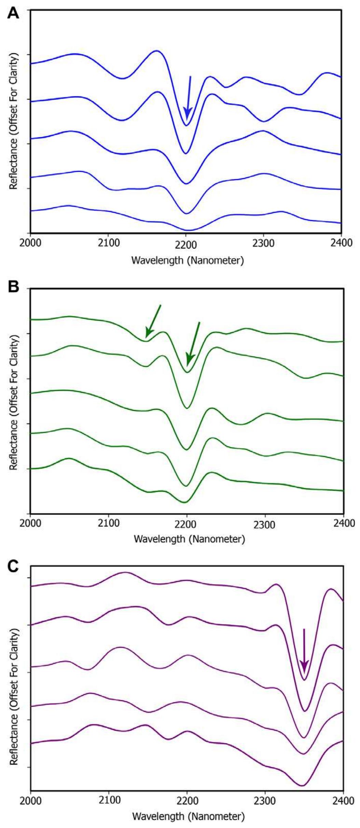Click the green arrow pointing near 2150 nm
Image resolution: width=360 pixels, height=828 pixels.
click(x=153, y=321)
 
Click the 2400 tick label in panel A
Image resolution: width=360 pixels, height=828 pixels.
click(x=341, y=244)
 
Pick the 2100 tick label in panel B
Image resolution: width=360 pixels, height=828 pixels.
click(x=108, y=523)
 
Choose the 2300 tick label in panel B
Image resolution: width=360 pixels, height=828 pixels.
click(x=264, y=524)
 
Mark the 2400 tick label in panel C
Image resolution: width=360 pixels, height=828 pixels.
click(x=343, y=799)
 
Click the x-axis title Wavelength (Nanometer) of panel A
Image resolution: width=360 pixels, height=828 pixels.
click(x=188, y=261)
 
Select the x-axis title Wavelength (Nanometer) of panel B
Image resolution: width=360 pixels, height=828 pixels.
click(x=189, y=539)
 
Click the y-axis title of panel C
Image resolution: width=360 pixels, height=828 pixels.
click(x=14, y=690)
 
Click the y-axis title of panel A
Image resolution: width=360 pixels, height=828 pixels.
click(x=14, y=121)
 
